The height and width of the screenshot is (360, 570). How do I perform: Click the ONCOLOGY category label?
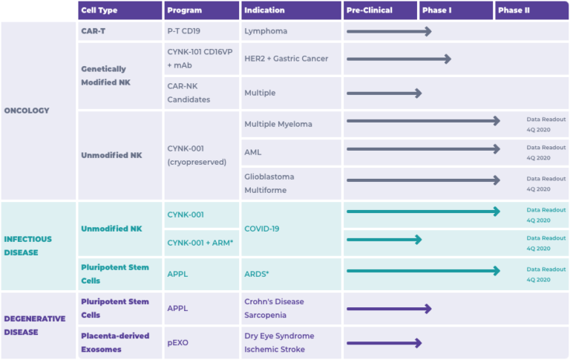27,111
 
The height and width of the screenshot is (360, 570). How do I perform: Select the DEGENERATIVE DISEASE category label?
34,325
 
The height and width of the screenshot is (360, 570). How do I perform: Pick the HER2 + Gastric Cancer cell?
286,59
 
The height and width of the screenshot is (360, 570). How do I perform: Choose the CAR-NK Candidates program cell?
189,92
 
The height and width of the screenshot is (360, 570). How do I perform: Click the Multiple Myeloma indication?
278,123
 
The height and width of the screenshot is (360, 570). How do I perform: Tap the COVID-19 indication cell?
262,229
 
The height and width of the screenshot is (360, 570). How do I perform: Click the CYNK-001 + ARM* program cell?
200,243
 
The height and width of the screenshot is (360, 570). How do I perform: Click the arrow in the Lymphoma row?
389,31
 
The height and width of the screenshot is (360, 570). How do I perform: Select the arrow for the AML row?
423,149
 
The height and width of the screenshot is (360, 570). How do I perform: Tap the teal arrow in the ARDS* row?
423,271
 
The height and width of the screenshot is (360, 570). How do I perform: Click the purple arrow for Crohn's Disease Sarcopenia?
389,309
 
